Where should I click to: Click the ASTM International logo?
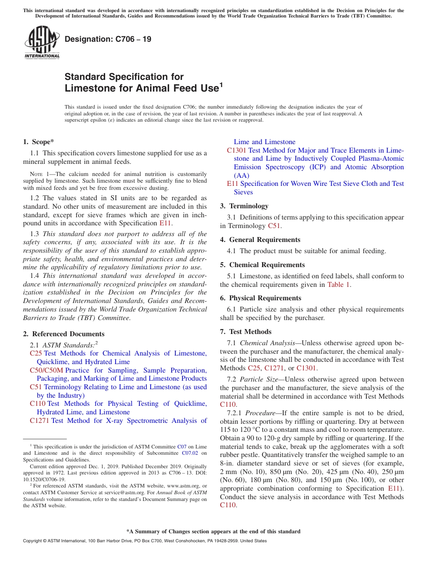point(42,43)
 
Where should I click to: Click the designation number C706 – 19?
point(108,39)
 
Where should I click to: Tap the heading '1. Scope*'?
point(39,142)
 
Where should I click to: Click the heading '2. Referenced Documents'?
point(64,334)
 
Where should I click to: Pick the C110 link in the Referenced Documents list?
point(37,404)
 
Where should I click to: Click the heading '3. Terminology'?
point(244,206)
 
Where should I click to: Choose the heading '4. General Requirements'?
point(260,240)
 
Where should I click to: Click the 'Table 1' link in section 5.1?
point(338,284)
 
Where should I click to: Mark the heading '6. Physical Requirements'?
point(261,298)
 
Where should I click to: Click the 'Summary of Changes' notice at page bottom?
point(213,531)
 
